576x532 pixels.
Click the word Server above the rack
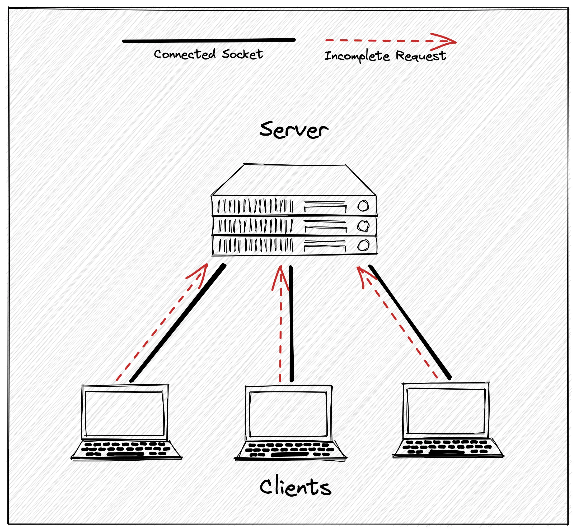(x=293, y=130)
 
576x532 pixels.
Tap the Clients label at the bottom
(x=295, y=487)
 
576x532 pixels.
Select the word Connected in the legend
(x=184, y=54)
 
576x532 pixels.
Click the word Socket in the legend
(x=242, y=54)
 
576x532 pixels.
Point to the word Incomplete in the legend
(x=357, y=56)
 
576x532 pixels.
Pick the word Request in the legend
(x=421, y=55)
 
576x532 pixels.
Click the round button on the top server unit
(x=363, y=206)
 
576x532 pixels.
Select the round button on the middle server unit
(x=363, y=226)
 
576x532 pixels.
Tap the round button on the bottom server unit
(x=363, y=246)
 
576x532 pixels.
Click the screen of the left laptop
(x=125, y=414)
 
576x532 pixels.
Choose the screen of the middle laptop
(x=289, y=414)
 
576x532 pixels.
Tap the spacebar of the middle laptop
(x=289, y=455)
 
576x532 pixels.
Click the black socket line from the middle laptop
(x=291, y=324)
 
